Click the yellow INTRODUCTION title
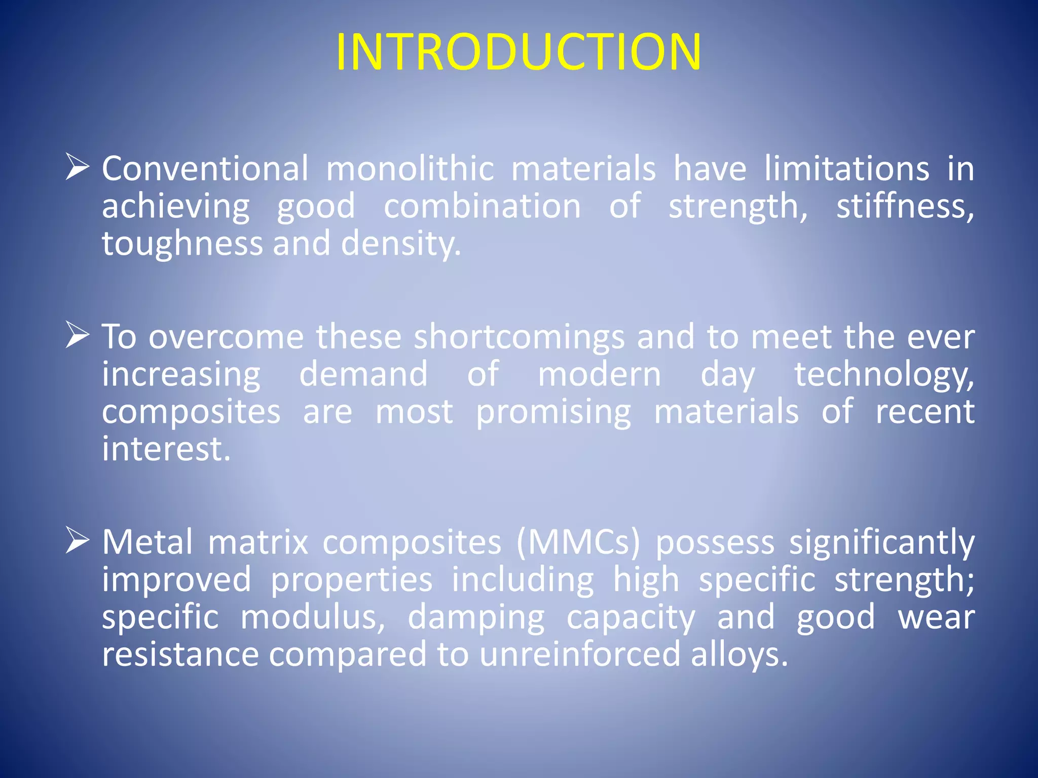click(x=518, y=52)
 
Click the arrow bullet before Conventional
click(x=78, y=168)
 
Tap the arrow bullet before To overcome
click(x=78, y=336)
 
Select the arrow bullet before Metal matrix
click(x=78, y=540)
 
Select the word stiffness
click(x=904, y=207)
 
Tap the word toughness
click(x=182, y=244)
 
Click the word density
click(x=400, y=244)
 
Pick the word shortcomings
click(x=519, y=337)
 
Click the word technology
click(x=883, y=375)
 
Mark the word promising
click(x=553, y=412)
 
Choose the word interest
click(x=166, y=449)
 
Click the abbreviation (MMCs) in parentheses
click(x=578, y=542)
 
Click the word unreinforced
click(x=579, y=654)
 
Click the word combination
click(x=481, y=207)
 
